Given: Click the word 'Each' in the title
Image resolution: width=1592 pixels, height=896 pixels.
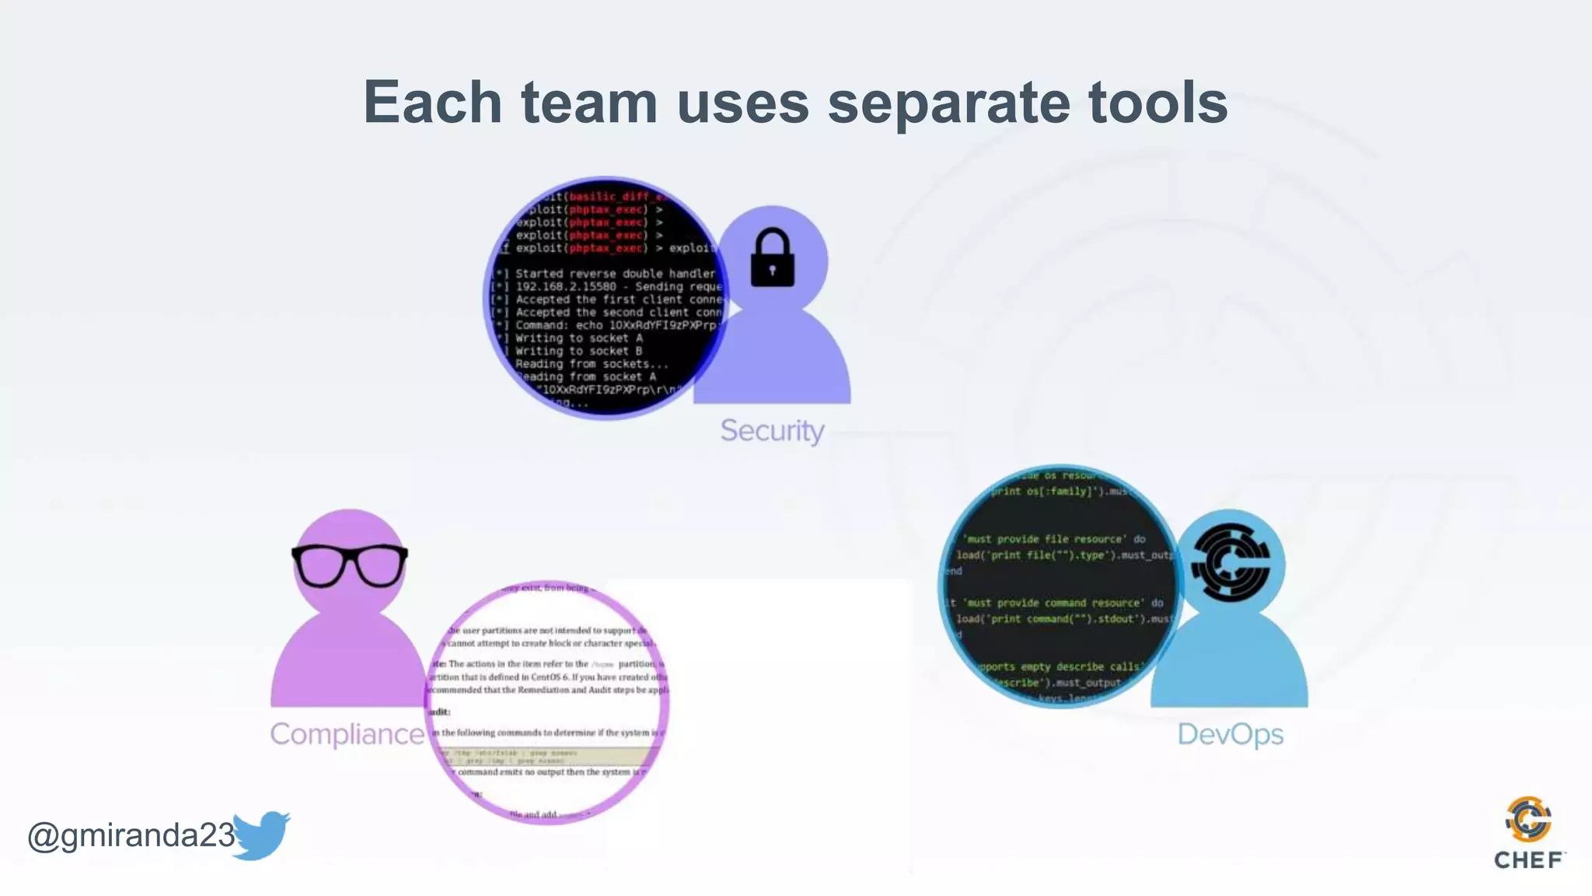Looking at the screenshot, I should point(433,103).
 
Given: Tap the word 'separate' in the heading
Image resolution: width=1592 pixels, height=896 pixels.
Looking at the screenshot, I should point(948,104).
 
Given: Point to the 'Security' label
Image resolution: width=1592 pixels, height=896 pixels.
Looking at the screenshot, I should point(772,430).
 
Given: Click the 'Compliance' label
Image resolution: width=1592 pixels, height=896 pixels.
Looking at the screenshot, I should point(347,733).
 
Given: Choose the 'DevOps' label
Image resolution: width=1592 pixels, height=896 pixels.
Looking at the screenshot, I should point(1230,733).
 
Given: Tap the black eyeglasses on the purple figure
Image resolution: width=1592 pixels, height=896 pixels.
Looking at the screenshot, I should point(350,565).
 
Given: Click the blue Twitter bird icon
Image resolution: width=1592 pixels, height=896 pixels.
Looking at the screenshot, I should point(261,835).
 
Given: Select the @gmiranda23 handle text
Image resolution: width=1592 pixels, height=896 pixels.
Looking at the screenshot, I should point(131,835).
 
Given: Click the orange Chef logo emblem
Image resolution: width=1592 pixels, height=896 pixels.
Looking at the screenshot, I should point(1528,819).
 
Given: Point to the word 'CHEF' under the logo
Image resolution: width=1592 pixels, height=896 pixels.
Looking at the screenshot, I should point(1528,860).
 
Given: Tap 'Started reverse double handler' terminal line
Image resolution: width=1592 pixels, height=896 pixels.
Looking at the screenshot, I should point(614,274).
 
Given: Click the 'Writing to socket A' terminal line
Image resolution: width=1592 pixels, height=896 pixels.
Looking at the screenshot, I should point(578,338).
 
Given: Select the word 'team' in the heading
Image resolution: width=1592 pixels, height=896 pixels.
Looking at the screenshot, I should point(588,103).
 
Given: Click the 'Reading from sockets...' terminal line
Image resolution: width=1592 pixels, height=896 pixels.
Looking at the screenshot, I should point(591,364).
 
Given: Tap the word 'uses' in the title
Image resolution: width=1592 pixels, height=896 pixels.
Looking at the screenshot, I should point(742,104).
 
